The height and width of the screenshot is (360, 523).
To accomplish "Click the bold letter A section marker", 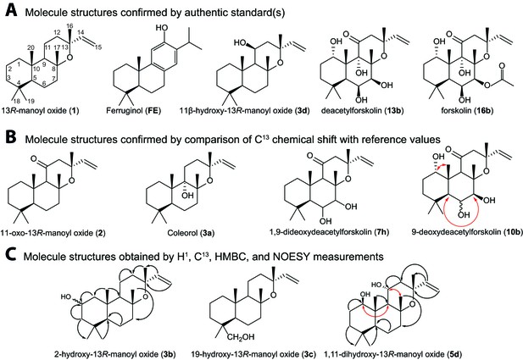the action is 11,11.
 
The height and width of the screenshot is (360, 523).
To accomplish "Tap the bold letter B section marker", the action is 11,137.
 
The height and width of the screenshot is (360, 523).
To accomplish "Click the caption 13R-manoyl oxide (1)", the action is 40,110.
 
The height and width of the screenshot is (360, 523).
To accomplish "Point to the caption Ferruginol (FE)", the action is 133,110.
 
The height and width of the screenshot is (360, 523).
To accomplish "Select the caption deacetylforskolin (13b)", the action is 363,110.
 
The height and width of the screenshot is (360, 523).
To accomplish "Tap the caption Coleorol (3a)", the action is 191,232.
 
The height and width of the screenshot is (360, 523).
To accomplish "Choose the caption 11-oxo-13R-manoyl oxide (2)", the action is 53,232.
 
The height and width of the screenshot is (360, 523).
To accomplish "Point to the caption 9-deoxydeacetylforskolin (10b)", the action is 467,231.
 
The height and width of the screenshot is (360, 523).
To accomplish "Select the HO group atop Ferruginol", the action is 163,28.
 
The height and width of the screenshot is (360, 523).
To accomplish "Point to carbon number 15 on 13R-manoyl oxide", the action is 98,47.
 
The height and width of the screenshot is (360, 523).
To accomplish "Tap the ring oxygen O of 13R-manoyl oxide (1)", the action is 69,58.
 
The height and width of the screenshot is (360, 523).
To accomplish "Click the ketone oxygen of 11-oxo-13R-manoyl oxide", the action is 35,158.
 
